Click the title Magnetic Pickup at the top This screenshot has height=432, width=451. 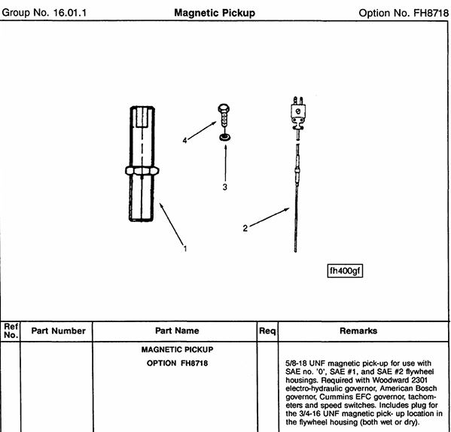pos(215,13)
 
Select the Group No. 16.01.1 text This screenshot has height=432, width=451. pos(44,13)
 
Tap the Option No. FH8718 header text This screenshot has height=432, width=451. pos(404,13)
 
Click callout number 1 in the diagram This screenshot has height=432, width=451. pos(185,248)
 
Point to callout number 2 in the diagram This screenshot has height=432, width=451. pos(245,228)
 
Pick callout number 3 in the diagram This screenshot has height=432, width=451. pos(225,187)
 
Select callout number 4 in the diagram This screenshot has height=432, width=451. pos(184,140)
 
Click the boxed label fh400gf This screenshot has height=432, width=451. pos(345,271)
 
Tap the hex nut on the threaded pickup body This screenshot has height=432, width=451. pos(142,171)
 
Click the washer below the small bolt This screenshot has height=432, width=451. pos(225,138)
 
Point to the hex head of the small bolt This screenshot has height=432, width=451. pos(224,108)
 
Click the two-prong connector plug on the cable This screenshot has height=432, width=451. pos(298,113)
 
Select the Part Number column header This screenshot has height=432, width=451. pos(59,331)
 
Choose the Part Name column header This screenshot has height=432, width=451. pos(177,330)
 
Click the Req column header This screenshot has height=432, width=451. pos(267,331)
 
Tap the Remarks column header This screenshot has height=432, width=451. pos(358,331)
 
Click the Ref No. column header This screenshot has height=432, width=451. pos(11,331)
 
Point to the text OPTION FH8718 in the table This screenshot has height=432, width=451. pos(177,364)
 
